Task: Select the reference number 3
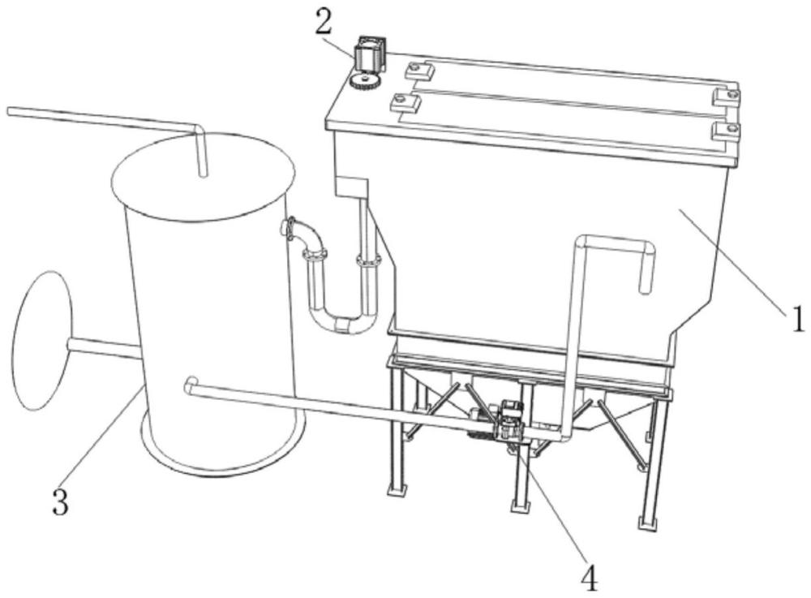click(61, 501)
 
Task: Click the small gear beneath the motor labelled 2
click(365, 81)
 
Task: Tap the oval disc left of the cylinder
click(41, 341)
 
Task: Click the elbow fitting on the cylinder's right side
click(303, 234)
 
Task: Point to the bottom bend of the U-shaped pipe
click(341, 324)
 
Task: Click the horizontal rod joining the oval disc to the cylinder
click(104, 348)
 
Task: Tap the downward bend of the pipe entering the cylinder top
click(198, 128)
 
